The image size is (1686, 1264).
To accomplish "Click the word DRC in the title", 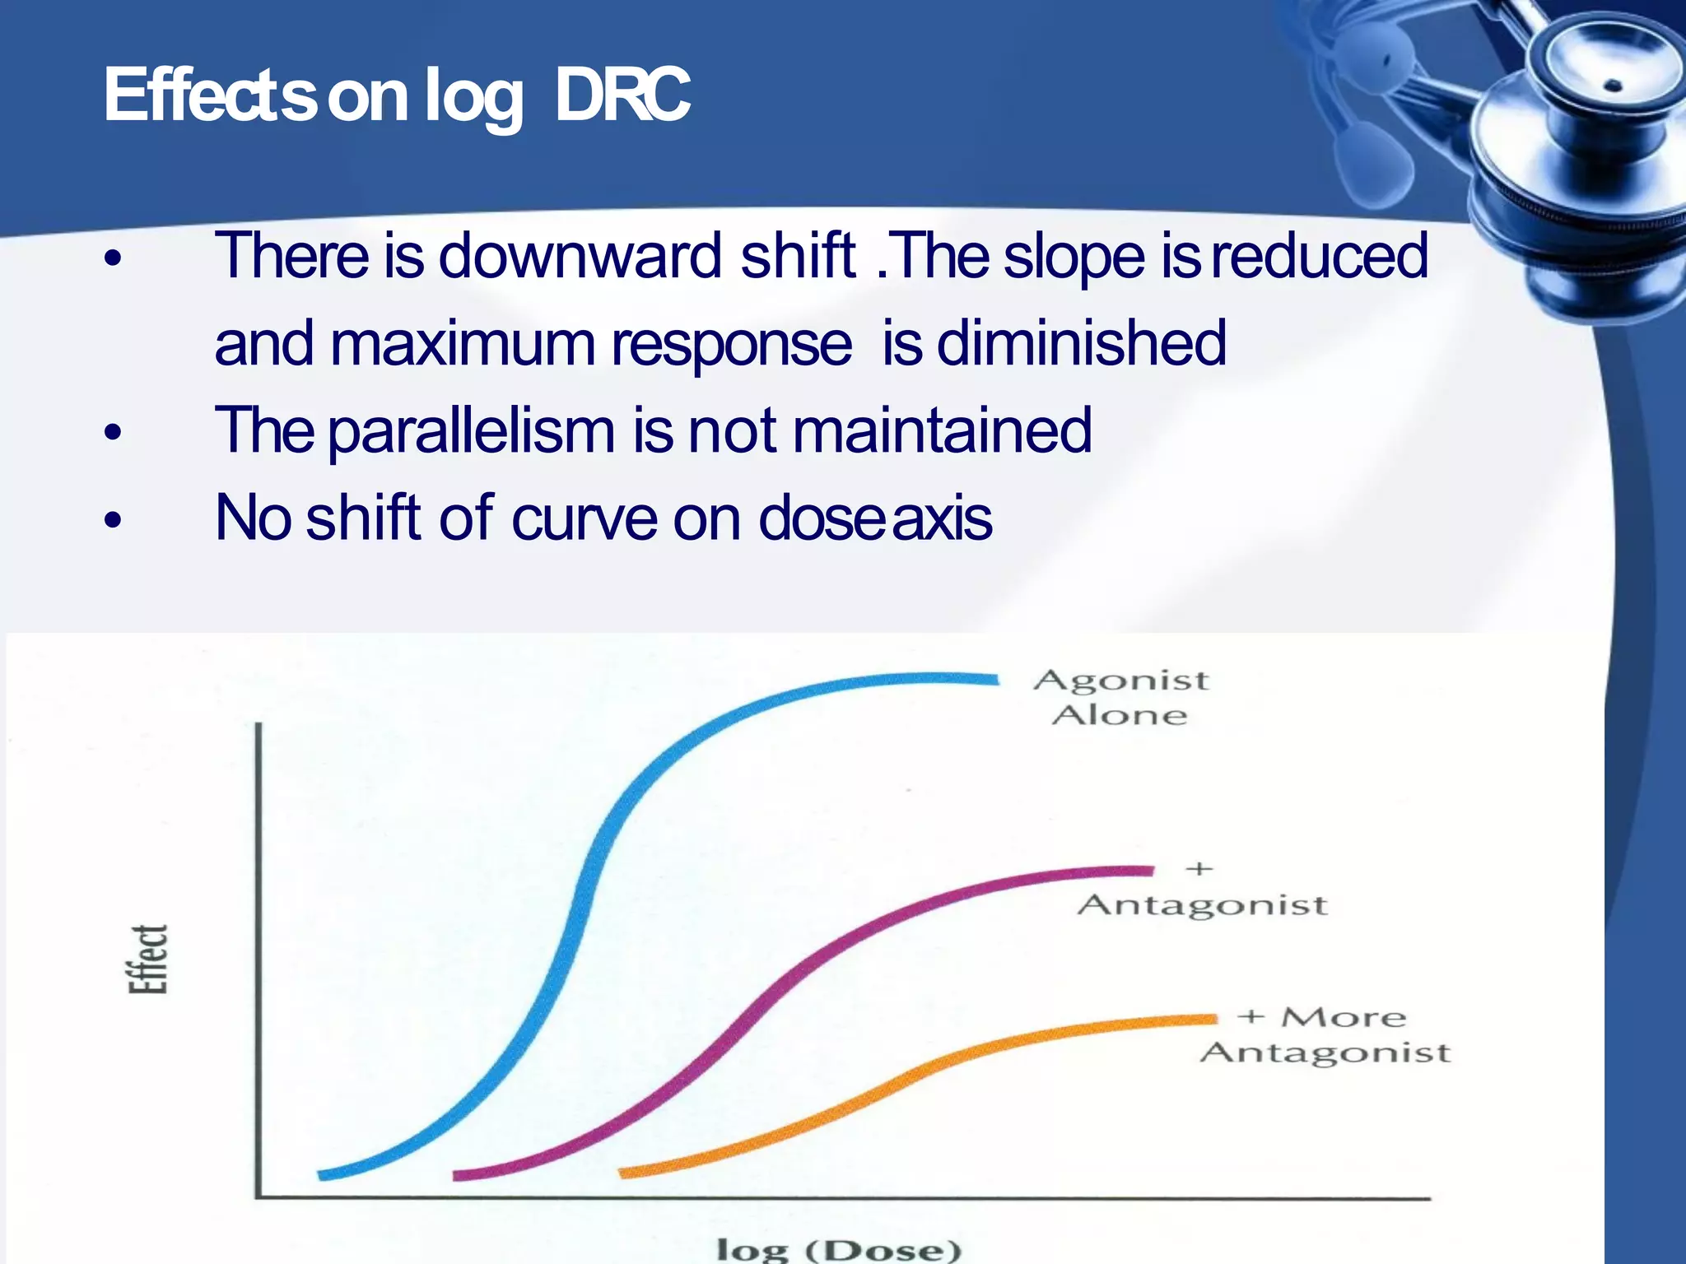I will pos(622,95).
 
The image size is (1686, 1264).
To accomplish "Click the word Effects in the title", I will pos(210,95).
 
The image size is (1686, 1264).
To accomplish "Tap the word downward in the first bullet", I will pos(580,256).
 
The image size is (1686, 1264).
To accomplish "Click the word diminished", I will pos(1081,343).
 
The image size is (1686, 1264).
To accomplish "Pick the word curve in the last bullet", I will pos(584,518).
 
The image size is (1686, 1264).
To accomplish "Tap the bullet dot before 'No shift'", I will pos(114,520).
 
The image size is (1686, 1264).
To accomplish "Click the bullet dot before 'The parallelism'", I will pos(114,432).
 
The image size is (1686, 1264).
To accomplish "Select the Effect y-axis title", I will pos(148,959).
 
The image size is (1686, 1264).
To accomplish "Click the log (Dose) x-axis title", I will pos(838,1249).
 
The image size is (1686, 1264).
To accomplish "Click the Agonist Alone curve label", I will pos(1120,698).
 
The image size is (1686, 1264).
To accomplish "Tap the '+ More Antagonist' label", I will pos(1325,1036).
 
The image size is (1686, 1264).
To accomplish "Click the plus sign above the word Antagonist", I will pos(1199,869).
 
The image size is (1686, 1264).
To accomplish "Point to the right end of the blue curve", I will pos(994,680).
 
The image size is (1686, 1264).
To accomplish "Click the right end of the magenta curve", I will pos(1150,871).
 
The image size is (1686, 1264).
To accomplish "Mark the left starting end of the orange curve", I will pos(623,1172).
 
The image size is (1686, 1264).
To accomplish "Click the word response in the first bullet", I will pos(730,343).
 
